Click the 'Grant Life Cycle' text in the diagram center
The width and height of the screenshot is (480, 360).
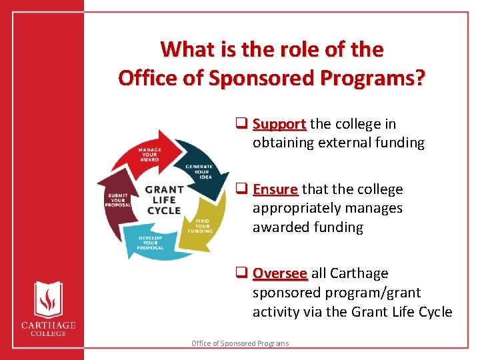coord(164,200)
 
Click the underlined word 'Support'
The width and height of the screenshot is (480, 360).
coord(279,124)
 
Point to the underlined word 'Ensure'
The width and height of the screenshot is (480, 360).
coord(275,189)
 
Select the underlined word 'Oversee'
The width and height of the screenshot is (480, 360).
coord(280,273)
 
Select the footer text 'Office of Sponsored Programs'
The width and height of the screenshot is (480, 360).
coord(240,343)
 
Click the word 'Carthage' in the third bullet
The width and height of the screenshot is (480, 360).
coord(360,273)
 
